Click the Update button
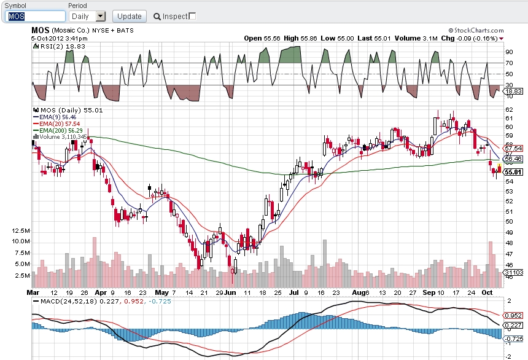[x=130, y=16]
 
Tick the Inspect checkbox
[x=192, y=16]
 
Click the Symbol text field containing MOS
[x=35, y=16]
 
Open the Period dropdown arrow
[x=101, y=16]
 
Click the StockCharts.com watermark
[x=476, y=30]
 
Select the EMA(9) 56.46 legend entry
[x=55, y=117]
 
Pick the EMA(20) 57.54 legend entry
[x=56, y=123]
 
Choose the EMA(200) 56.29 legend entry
[x=58, y=130]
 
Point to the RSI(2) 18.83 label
[x=60, y=47]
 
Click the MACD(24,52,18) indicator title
[x=68, y=301]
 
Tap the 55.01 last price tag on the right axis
[x=513, y=172]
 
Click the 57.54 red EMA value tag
[x=513, y=148]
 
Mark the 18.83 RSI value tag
[x=513, y=91]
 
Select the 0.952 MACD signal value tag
[x=513, y=316]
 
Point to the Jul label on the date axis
[x=294, y=292]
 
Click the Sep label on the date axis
[x=429, y=292]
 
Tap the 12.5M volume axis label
[x=21, y=231]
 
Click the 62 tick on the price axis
[x=509, y=109]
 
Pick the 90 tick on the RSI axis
[x=509, y=52]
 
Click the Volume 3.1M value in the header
[x=416, y=38]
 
